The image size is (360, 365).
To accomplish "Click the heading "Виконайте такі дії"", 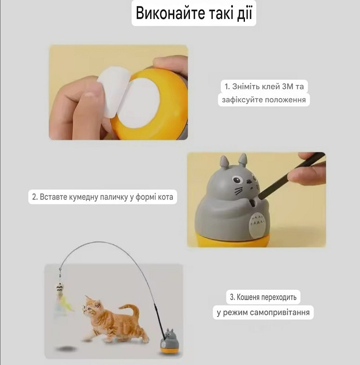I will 194,14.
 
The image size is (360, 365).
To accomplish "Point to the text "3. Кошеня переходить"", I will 263,297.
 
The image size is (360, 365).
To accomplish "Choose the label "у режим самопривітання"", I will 263,313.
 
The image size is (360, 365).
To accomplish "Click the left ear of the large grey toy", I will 224,162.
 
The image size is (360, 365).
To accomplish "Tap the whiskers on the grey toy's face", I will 238,191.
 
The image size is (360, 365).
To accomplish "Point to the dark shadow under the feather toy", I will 68,347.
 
